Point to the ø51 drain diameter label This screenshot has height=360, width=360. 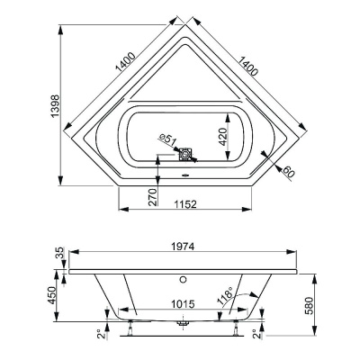click(x=165, y=138)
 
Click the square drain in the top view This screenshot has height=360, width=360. click(x=186, y=155)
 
